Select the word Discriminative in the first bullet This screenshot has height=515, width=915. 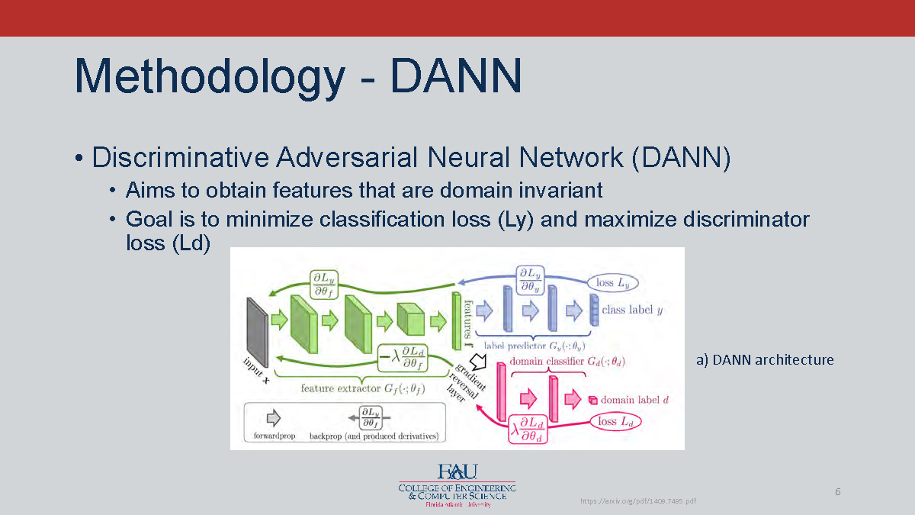(180, 158)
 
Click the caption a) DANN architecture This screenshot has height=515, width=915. (764, 359)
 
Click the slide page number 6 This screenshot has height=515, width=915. (837, 491)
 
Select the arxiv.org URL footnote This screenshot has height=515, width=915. (638, 501)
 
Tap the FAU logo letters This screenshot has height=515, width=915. (457, 472)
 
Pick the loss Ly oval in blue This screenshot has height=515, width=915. (614, 282)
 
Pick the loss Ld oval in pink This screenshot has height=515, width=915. (616, 421)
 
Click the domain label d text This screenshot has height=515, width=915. (634, 400)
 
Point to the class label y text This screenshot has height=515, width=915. (632, 310)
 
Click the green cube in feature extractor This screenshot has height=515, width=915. (410, 318)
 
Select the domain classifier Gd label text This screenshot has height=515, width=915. (567, 361)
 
